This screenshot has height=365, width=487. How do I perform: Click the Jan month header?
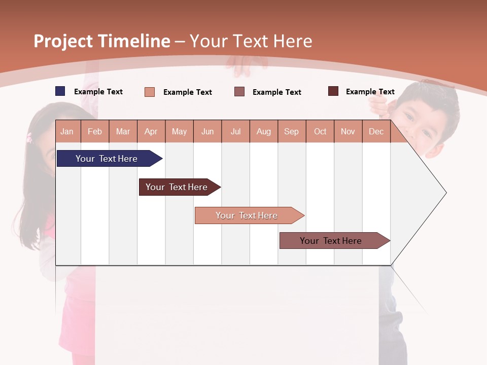tap(67, 131)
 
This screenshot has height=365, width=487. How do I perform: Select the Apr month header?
tap(151, 131)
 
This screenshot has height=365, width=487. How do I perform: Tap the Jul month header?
tap(235, 131)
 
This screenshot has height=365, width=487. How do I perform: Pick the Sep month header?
tap(292, 131)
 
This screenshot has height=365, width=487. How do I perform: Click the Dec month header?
tap(376, 131)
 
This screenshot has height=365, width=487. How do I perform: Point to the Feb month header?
tap(95, 131)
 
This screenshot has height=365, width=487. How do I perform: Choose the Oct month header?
tap(320, 131)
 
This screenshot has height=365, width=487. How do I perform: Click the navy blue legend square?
tap(60, 91)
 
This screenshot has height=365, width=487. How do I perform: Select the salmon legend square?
tap(150, 92)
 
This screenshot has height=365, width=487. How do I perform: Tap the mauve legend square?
tap(239, 92)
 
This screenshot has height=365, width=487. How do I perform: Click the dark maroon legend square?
tap(333, 91)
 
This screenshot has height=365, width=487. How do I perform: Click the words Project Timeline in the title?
tap(102, 41)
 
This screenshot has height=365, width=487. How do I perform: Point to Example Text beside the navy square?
tap(98, 92)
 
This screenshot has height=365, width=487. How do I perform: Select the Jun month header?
tap(207, 131)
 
